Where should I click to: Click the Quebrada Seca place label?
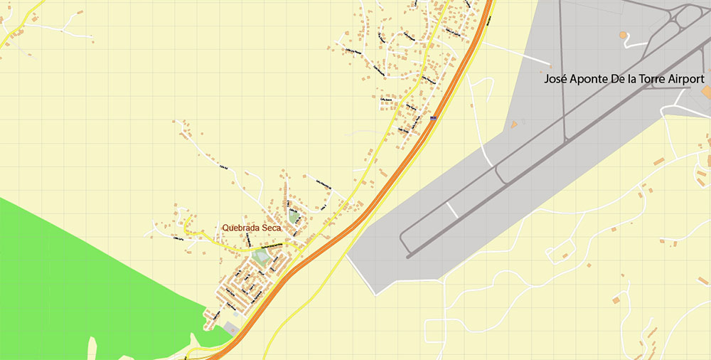[x=251, y=228]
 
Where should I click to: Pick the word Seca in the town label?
[x=271, y=228]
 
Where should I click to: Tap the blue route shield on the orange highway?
[x=433, y=118]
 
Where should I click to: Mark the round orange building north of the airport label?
[x=624, y=34]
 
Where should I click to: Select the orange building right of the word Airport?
[x=708, y=92]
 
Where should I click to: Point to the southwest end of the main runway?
[x=407, y=253]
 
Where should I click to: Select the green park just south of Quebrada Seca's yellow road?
[x=260, y=257]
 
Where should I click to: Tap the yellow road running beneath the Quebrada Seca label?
[x=235, y=238]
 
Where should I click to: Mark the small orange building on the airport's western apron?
[x=513, y=125]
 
